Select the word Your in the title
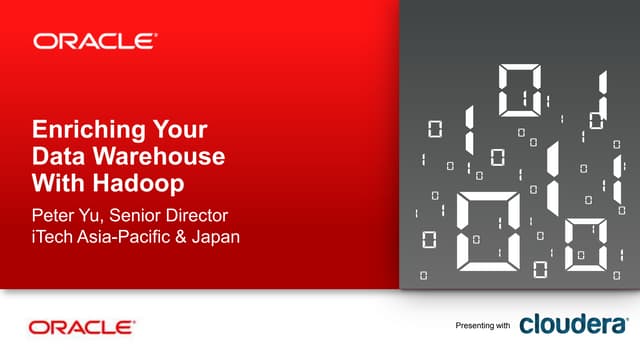pyautogui.click(x=177, y=131)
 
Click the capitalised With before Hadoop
pyautogui.click(x=60, y=183)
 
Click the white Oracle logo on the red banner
pyautogui.click(x=95, y=41)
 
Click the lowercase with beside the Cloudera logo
pyautogui.click(x=502, y=327)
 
